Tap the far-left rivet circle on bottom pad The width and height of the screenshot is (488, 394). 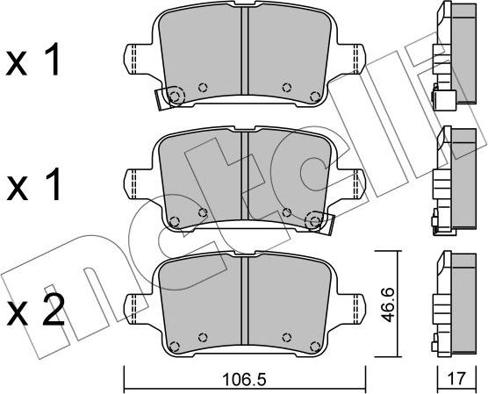click(x=174, y=343)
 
